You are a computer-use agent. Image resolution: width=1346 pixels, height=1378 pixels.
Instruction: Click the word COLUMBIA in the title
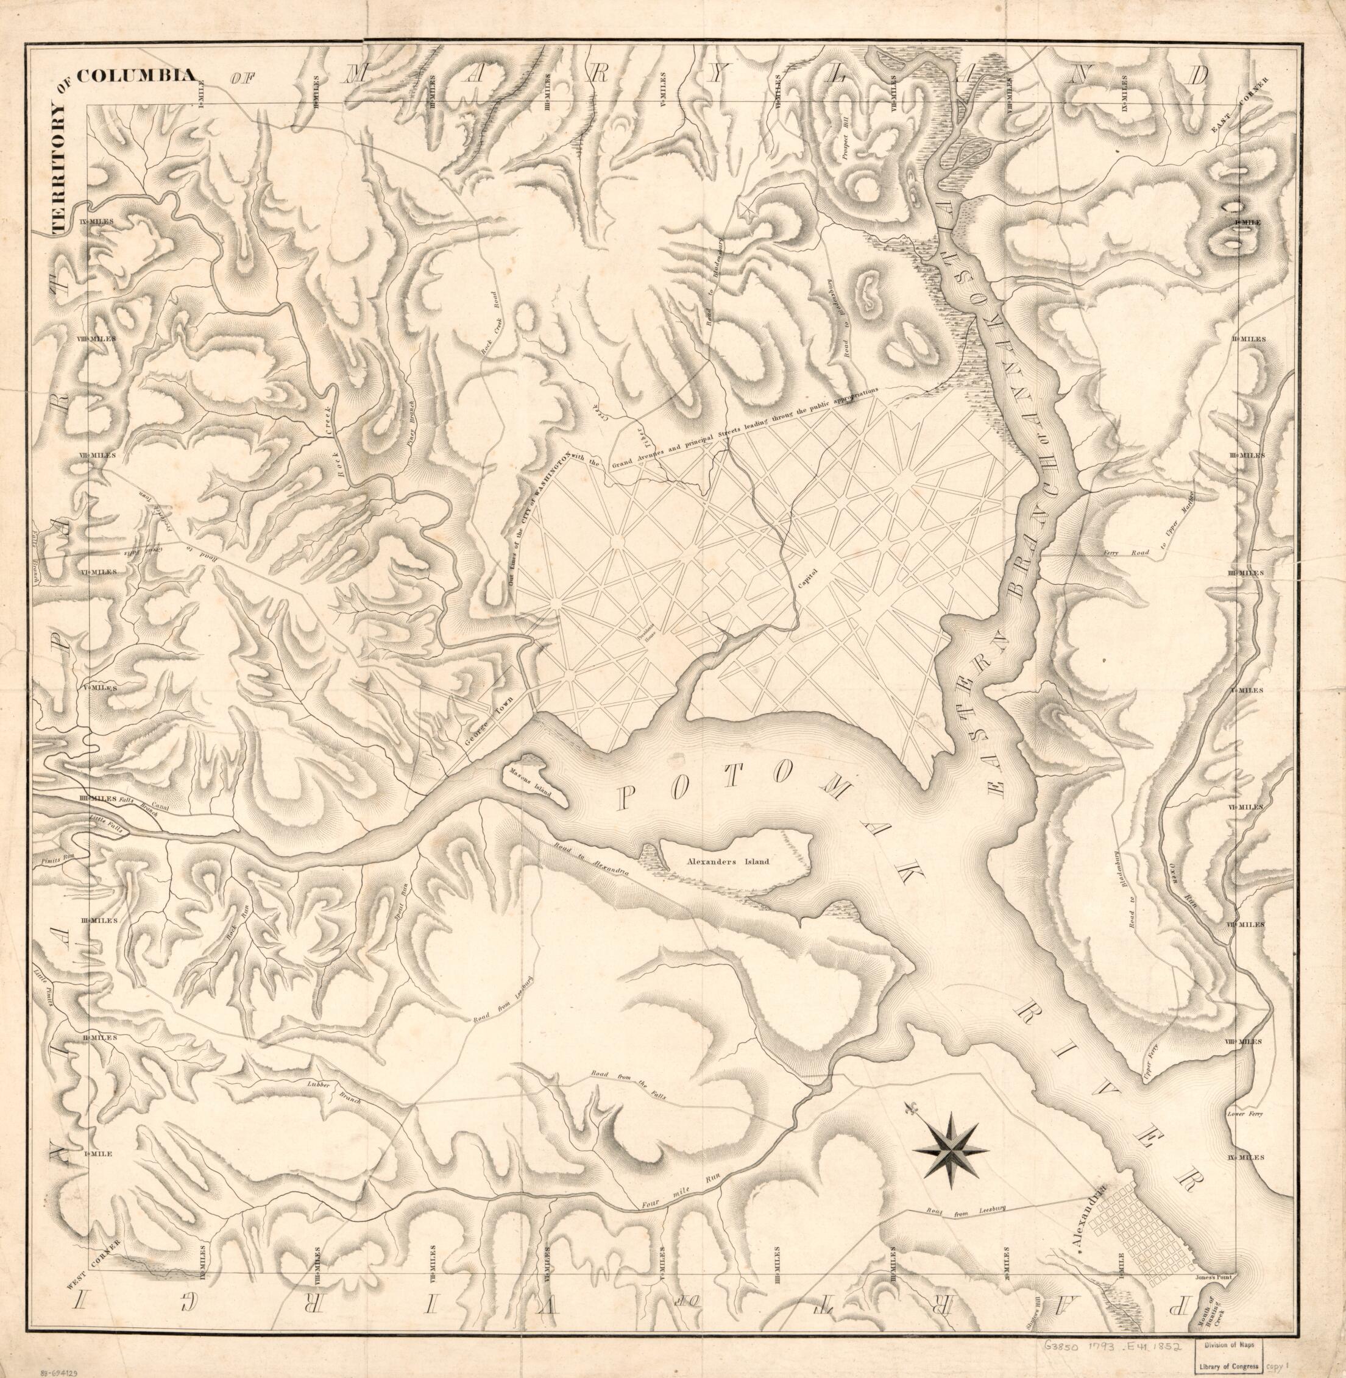[x=136, y=76]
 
